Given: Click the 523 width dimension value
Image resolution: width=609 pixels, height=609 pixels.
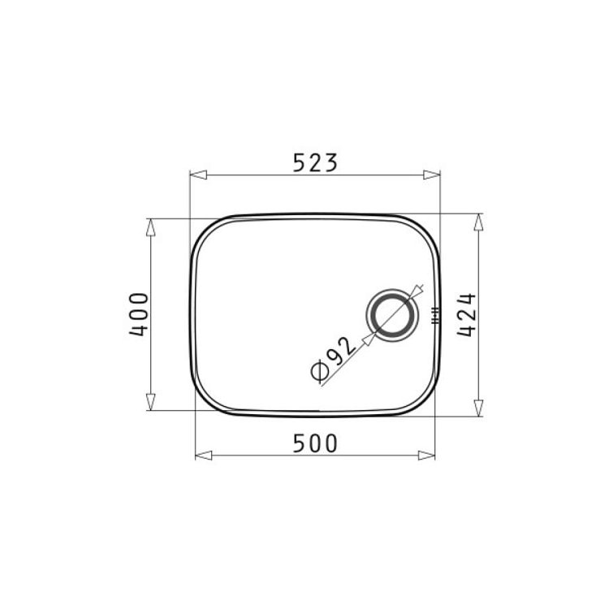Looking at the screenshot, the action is tap(315, 162).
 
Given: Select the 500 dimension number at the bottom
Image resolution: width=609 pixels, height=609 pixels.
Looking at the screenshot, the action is tap(315, 443).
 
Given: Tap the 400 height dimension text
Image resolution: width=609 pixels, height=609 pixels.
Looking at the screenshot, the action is tap(139, 314).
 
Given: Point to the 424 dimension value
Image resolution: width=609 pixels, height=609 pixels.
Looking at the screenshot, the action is tap(466, 314).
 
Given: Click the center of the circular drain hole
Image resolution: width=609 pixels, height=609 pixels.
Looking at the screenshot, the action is tap(392, 315).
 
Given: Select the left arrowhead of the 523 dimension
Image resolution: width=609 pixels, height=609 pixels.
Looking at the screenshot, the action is tap(198, 175).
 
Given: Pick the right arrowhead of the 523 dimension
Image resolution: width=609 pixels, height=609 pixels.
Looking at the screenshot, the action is tap(432, 175).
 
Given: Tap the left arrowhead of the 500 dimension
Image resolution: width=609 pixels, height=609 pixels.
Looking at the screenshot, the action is tap(204, 456).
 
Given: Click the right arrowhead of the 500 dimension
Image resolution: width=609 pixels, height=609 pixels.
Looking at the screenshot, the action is tap(426, 456).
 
